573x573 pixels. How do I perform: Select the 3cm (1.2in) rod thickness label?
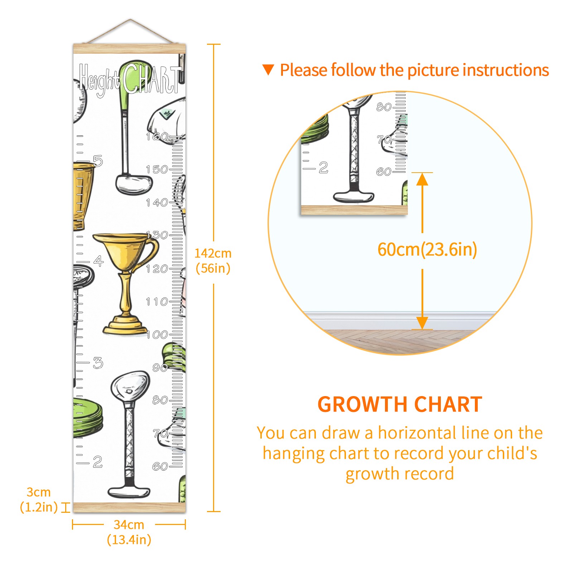click(39, 500)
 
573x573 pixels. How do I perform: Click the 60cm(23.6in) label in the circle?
click(427, 250)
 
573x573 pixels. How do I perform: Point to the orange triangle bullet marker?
click(268, 70)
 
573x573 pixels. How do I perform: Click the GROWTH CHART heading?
click(400, 405)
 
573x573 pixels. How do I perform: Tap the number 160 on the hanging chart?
click(157, 136)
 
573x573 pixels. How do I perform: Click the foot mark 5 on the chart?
click(98, 161)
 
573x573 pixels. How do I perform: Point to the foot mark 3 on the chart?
click(98, 363)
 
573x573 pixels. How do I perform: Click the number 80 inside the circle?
click(384, 107)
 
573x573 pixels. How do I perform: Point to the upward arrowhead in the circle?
click(422, 179)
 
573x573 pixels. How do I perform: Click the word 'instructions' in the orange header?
click(506, 70)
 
